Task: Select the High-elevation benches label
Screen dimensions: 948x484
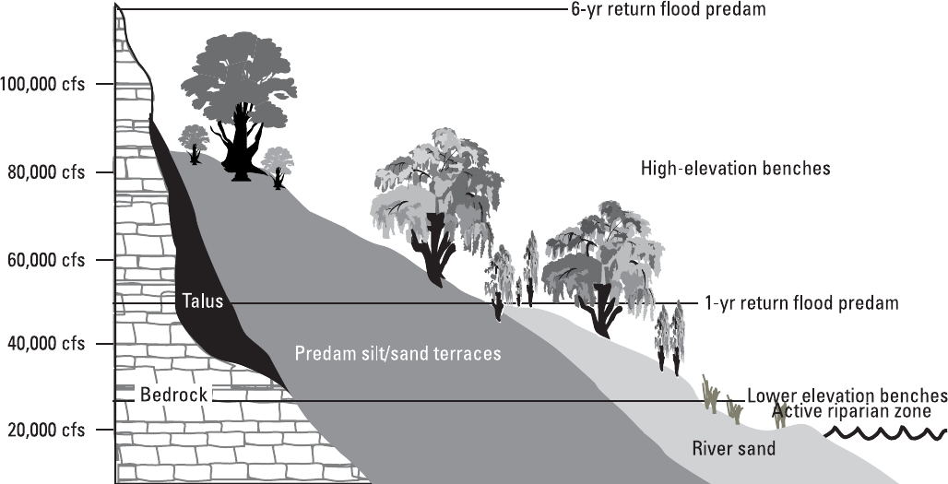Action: pyautogui.click(x=736, y=169)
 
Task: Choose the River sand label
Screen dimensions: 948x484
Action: pyautogui.click(x=733, y=449)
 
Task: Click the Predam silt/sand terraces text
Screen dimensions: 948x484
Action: pyautogui.click(x=397, y=353)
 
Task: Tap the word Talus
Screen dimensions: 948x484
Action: pyautogui.click(x=202, y=301)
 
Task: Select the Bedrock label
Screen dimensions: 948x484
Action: pyautogui.click(x=173, y=395)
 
